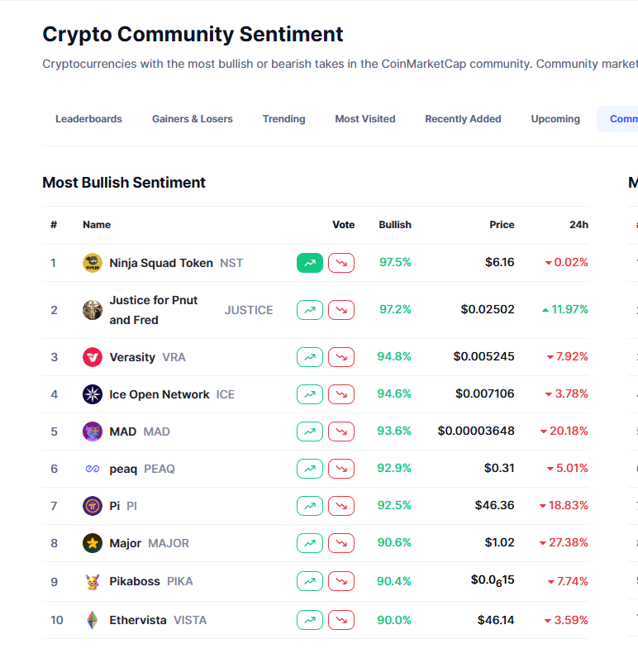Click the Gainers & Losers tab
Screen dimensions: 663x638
coord(192,119)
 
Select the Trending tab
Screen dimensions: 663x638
coord(283,119)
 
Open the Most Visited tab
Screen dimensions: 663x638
coord(364,119)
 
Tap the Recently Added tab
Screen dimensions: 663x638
coord(463,119)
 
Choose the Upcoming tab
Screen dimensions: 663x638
coord(555,119)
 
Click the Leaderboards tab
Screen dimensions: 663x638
coord(88,119)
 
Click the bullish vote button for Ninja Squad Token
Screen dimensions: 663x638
coord(310,263)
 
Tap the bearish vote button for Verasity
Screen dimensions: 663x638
coord(341,357)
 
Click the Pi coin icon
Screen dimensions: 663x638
coord(93,506)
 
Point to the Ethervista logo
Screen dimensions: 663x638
coord(93,620)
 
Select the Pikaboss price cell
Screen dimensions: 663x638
coord(493,580)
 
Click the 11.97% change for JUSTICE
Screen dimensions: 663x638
coord(565,310)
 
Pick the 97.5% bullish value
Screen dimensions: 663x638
coord(395,263)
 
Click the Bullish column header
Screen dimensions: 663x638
coord(395,225)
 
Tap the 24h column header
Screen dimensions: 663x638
coord(578,225)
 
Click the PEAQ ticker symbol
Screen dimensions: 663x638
coord(159,469)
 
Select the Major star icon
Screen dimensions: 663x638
coord(93,543)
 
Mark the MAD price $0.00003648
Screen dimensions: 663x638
coord(476,432)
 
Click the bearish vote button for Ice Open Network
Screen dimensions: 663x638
coord(341,394)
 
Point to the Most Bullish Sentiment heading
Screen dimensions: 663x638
coord(124,183)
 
